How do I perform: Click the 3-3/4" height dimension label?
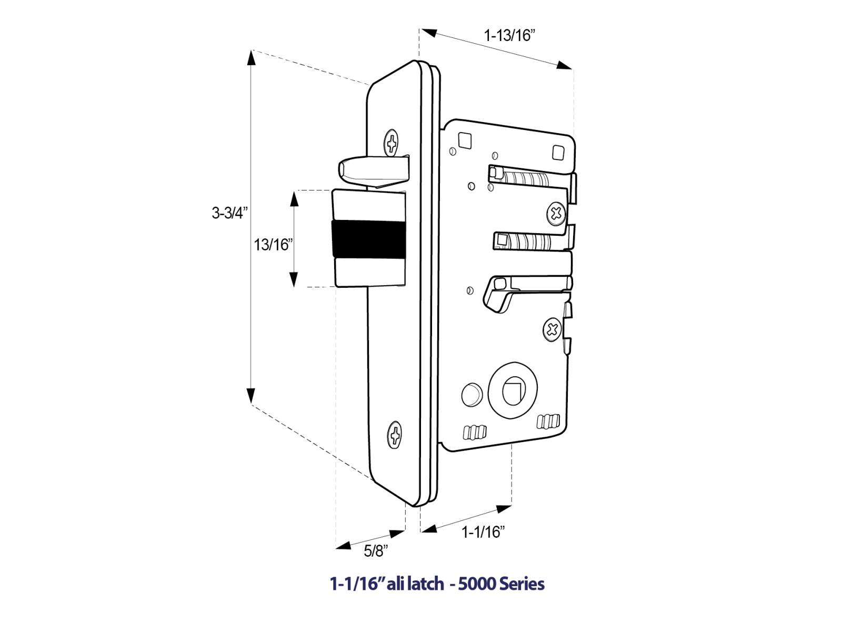pos(229,213)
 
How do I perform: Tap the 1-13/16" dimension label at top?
pos(509,36)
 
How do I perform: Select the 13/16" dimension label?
pos(273,245)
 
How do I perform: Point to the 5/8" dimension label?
pos(376,551)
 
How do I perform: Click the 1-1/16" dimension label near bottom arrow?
pos(483,532)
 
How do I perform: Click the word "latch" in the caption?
pos(425,584)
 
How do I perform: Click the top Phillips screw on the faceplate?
pos(391,143)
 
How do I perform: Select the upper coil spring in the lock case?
pos(524,177)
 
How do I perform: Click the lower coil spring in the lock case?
pos(526,242)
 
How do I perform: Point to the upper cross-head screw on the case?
pos(556,213)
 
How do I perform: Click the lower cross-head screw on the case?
pos(552,330)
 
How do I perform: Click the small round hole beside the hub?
pos(472,395)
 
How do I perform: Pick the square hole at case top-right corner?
pos(558,153)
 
